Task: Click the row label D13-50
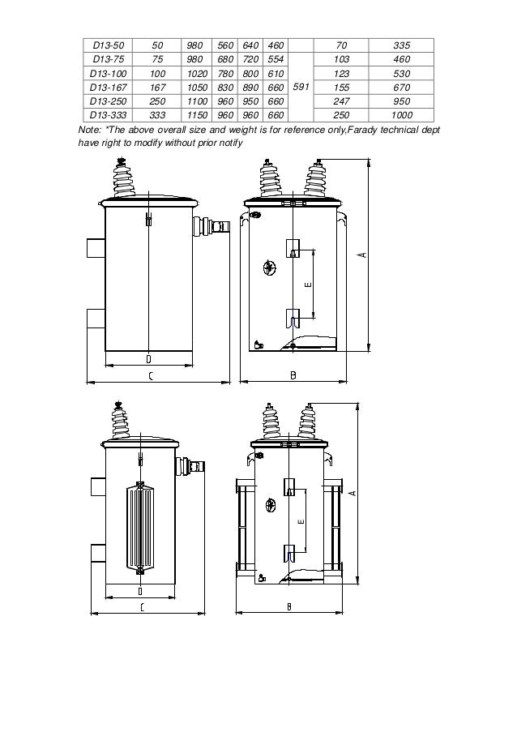click(103, 46)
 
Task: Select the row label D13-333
click(103, 115)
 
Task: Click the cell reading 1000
click(400, 115)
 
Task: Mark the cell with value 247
click(340, 101)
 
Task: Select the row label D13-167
click(103, 88)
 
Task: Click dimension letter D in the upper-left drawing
click(148, 358)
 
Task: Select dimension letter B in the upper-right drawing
click(293, 375)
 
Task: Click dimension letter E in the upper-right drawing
click(307, 285)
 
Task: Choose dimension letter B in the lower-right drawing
click(288, 606)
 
